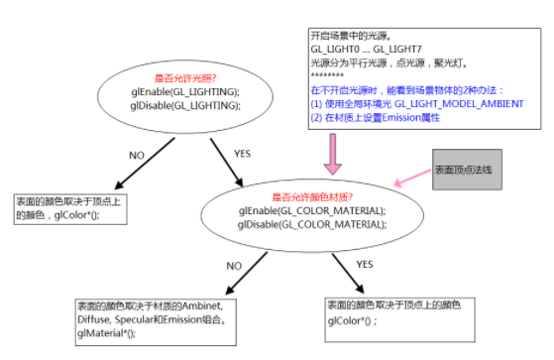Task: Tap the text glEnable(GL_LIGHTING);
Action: point(184,91)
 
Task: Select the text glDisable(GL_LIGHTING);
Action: point(184,104)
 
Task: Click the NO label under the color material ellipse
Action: point(234,266)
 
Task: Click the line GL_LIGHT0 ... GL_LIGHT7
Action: point(366,48)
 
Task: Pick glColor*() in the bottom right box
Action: point(354,320)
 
